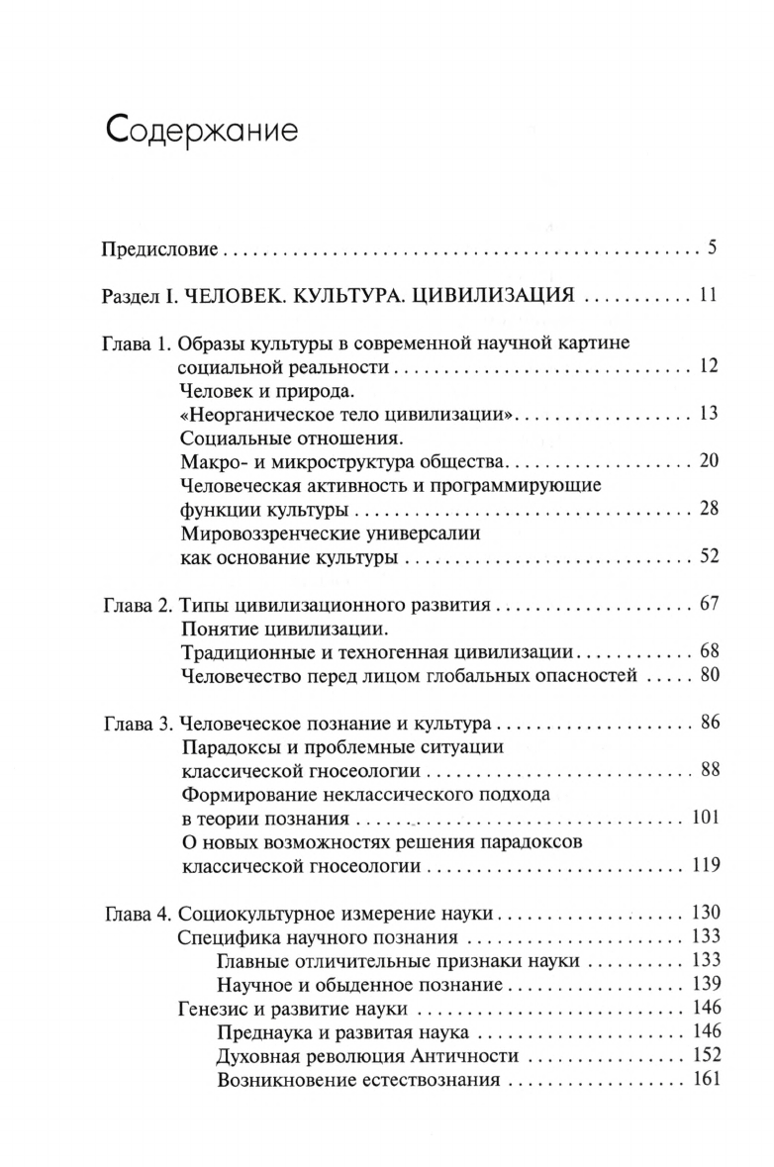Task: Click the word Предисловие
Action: tap(158, 247)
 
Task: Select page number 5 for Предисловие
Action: tap(711, 246)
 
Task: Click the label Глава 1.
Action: tap(137, 343)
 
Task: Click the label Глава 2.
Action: tap(137, 605)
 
